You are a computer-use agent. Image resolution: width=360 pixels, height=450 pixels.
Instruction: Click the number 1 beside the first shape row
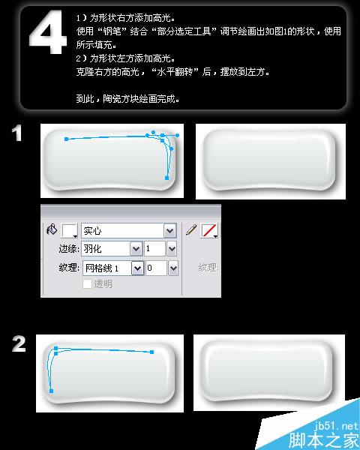(x=18, y=135)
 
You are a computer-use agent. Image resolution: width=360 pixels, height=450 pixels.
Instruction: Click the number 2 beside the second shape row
(x=19, y=344)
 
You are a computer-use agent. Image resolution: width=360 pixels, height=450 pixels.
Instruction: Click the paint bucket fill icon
(x=52, y=230)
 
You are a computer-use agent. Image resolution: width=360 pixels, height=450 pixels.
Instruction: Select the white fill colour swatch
(x=70, y=231)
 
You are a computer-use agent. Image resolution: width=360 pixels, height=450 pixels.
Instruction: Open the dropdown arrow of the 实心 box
(x=169, y=231)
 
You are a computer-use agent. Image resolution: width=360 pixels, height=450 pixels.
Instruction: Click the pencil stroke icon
(x=191, y=230)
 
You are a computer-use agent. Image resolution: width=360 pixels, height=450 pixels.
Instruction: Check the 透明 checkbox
(x=87, y=284)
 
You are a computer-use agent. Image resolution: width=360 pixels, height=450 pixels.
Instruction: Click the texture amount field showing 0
(x=161, y=267)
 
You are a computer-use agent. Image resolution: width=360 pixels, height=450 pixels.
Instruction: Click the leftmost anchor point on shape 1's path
(x=67, y=139)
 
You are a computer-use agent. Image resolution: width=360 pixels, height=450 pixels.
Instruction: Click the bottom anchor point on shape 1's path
(x=166, y=178)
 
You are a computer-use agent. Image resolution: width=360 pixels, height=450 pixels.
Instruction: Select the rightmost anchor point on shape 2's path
(x=152, y=351)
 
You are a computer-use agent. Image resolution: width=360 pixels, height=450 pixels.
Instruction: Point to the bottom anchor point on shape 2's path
(x=51, y=391)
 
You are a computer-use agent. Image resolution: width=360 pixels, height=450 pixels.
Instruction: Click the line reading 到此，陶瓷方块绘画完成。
(x=127, y=98)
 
